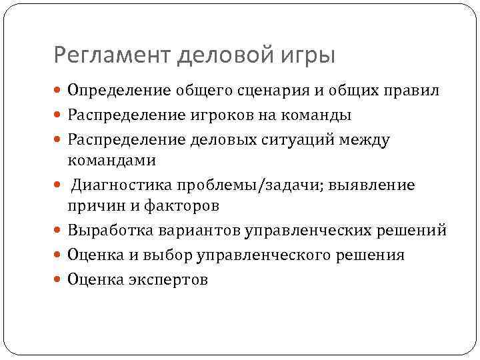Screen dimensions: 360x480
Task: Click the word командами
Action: pos(111,160)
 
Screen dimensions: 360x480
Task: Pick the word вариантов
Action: pos(201,231)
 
